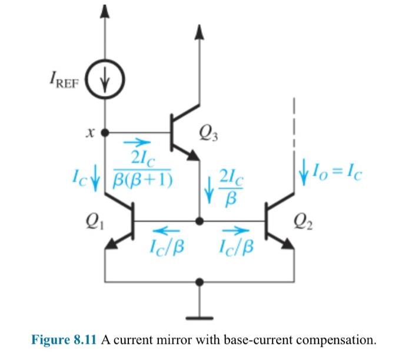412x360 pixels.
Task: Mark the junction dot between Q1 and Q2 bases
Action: [x=201, y=220]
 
